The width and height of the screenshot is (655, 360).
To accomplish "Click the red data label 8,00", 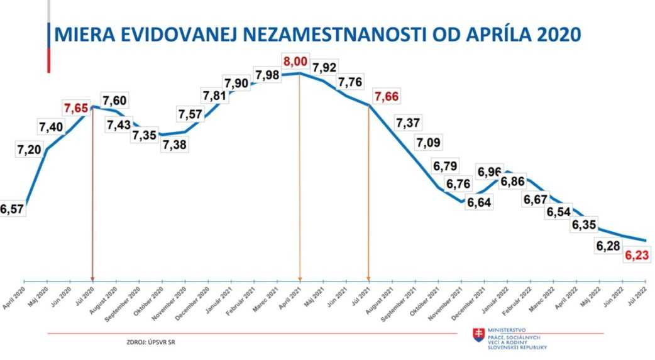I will (295, 62).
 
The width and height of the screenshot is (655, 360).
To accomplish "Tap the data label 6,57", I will (11, 210).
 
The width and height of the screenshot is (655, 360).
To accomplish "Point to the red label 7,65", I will (75, 108).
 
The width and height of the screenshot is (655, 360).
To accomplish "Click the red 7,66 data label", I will (387, 97).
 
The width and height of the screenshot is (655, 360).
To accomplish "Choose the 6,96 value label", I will (490, 171).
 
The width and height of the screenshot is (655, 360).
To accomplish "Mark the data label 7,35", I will (144, 136).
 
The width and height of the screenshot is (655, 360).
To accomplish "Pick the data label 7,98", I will (267, 75).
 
